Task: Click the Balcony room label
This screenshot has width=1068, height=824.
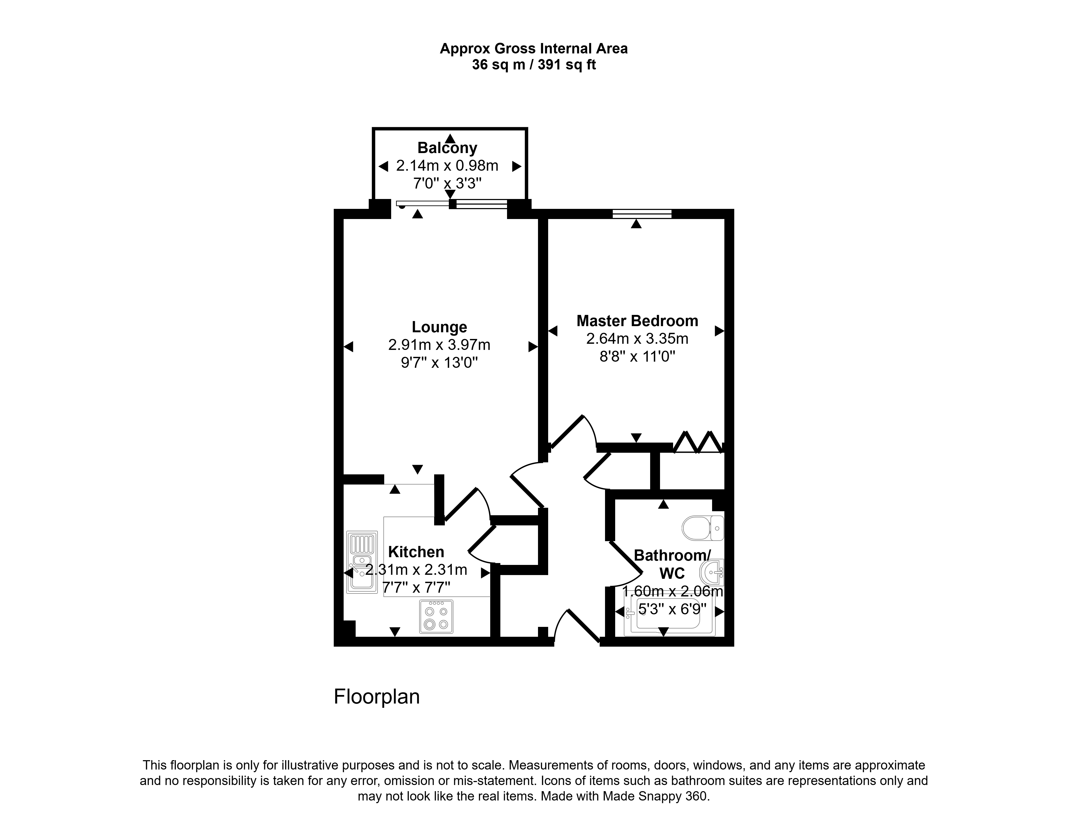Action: (x=447, y=148)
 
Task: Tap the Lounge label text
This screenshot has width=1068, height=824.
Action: (x=439, y=327)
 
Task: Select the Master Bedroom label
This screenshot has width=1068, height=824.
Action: (x=637, y=321)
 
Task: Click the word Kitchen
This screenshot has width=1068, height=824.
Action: (x=416, y=552)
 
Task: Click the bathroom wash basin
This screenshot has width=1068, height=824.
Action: (x=712, y=572)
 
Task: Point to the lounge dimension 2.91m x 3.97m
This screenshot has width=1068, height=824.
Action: (x=439, y=345)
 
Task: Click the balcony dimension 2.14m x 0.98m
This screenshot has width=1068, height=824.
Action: (x=447, y=166)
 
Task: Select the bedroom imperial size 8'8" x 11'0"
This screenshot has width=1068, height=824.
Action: (x=637, y=357)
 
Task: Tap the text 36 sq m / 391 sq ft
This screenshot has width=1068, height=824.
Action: (x=533, y=65)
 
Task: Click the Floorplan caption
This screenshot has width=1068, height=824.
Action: (x=376, y=697)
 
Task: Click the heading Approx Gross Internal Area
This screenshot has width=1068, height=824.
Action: (x=533, y=48)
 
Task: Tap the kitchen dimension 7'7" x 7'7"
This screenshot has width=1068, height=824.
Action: (x=416, y=587)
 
